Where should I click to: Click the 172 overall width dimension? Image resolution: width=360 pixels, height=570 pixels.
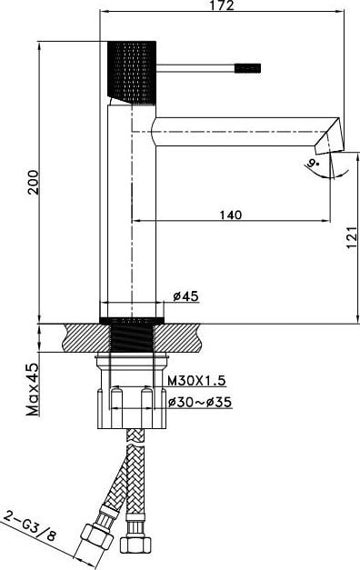pos(222,5)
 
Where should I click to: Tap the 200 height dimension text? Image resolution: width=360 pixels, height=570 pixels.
pos(34,182)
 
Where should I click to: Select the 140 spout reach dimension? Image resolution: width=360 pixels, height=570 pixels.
pos(231,215)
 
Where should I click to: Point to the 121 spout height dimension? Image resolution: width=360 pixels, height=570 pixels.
pos(352,237)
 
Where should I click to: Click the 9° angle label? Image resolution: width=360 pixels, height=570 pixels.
pos(312,163)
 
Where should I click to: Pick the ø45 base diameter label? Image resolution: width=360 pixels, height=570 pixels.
pos(185,296)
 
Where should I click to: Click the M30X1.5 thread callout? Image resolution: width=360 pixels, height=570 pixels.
pos(196,381)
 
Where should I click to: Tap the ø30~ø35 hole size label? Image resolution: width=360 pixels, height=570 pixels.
pos(200,402)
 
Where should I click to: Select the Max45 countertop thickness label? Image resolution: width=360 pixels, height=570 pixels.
pos(33,389)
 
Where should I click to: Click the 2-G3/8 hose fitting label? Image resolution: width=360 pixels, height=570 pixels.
pos(30,525)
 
